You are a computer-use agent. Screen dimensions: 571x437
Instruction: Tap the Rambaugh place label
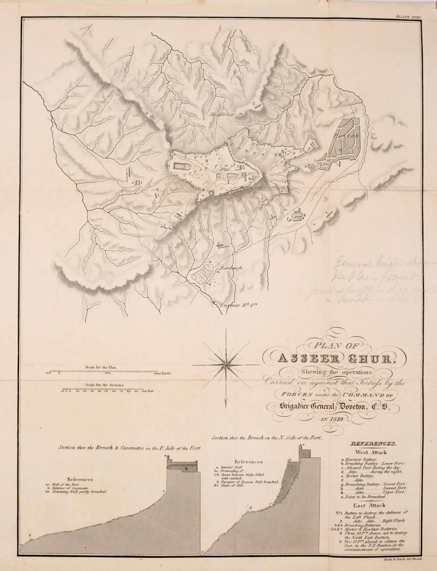pos(231,268)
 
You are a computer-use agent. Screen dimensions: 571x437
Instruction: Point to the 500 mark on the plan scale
pos(108,373)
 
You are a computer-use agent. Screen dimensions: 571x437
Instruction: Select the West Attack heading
pos(371,453)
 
